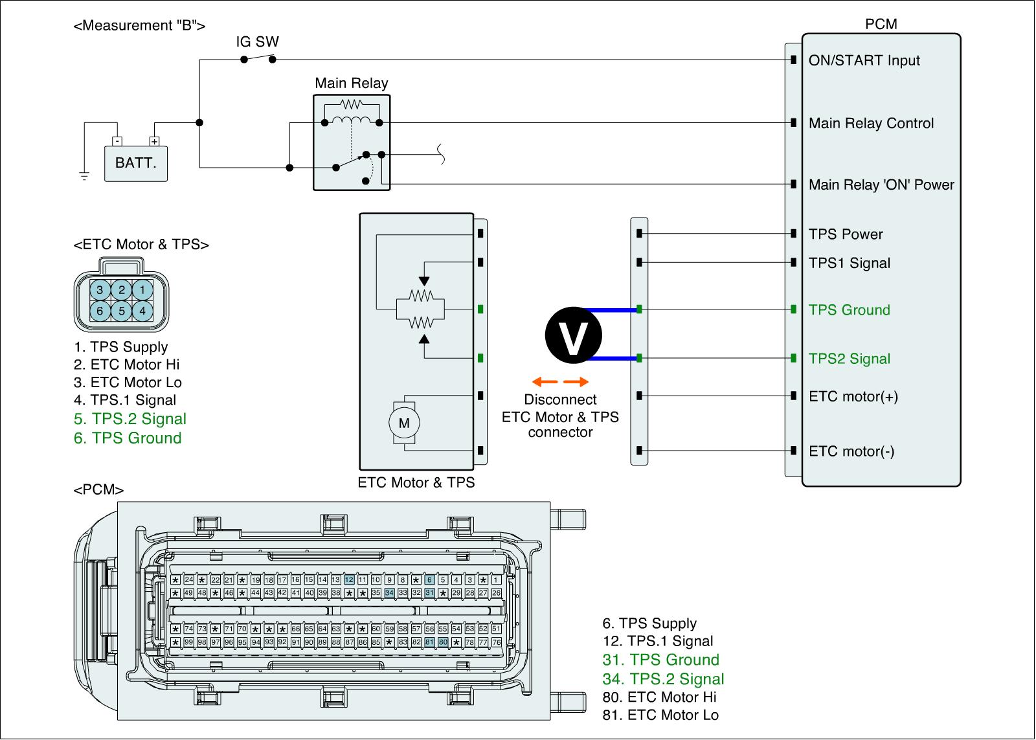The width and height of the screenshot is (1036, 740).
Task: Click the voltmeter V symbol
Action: pos(573,334)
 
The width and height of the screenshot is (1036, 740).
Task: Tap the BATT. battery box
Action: pos(136,163)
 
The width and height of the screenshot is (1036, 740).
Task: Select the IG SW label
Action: pos(257,42)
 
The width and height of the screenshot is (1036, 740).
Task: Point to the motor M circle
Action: pos(404,423)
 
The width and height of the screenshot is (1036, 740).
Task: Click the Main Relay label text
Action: pos(351,83)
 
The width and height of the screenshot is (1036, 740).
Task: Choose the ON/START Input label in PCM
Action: pos(864,60)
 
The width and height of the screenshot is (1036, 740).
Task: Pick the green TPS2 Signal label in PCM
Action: pos(849,359)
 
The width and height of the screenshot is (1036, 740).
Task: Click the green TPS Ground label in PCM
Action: pos(849,310)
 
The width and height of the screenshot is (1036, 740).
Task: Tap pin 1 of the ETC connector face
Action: pos(143,289)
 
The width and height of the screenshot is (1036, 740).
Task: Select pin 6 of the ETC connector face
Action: pos(100,311)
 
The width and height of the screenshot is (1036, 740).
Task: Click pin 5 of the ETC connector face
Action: pos(122,311)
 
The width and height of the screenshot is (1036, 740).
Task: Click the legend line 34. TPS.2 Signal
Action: pos(663,678)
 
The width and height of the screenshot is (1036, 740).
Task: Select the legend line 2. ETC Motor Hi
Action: pos(126,364)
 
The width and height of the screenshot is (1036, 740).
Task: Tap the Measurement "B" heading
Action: pos(140,26)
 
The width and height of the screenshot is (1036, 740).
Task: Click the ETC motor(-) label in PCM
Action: pos(851,451)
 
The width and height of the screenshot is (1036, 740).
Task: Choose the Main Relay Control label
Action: pos(871,123)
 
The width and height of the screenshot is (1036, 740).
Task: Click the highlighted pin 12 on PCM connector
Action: pos(349,580)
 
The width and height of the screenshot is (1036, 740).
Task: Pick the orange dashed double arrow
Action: pos(560,382)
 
